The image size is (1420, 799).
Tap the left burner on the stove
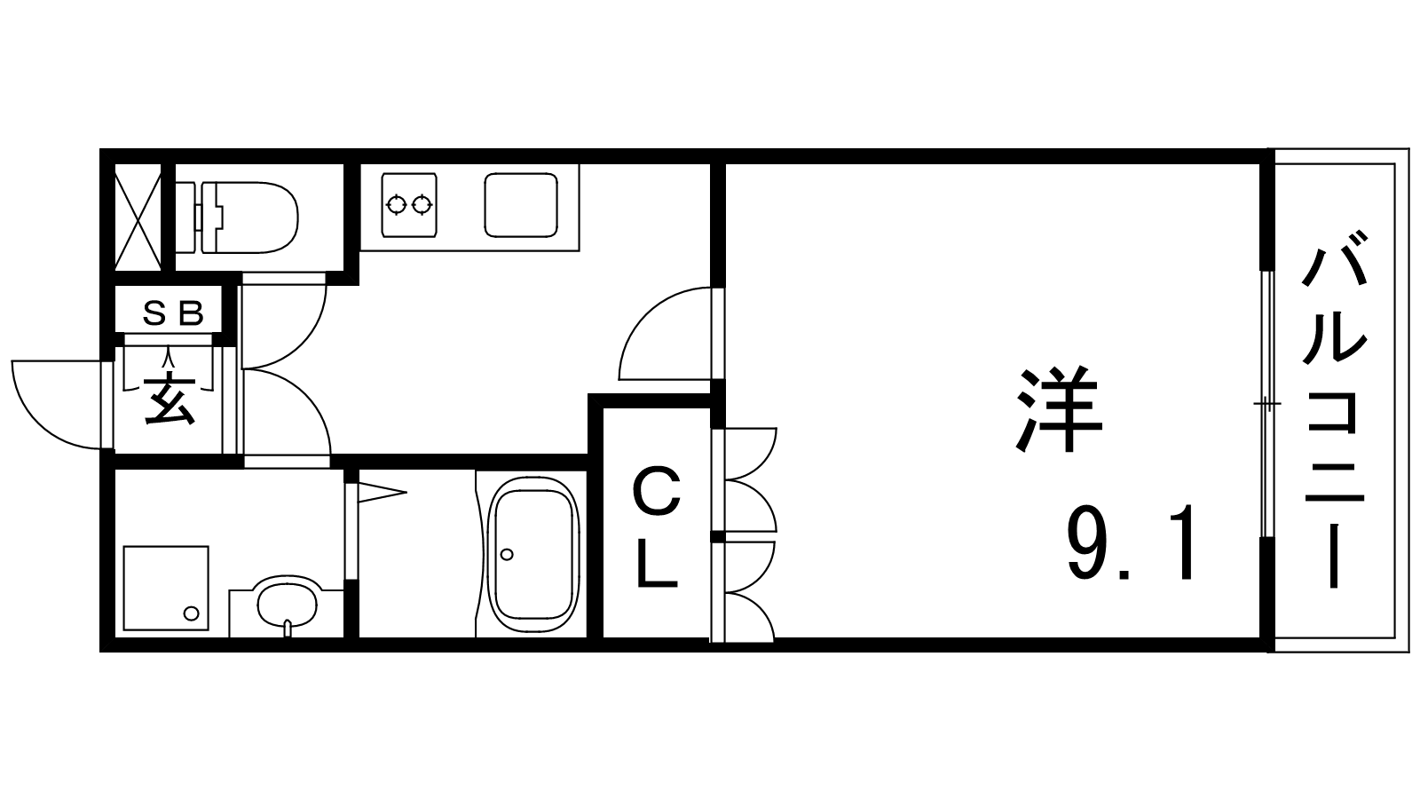click(397, 205)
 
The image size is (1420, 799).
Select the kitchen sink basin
click(521, 205)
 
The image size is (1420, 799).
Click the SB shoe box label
click(172, 312)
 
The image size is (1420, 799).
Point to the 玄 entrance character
click(170, 399)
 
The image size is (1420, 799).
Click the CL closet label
click(657, 527)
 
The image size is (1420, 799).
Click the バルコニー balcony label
click(1334, 409)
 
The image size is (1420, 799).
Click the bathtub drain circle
click(507, 555)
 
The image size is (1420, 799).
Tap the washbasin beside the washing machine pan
click(287, 601)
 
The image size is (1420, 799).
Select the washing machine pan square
click(166, 588)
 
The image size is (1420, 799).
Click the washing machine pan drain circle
click(191, 613)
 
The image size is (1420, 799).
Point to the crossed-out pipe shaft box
click(138, 217)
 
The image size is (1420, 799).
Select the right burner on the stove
click(421, 205)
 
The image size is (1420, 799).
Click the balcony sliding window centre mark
click(1266, 404)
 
